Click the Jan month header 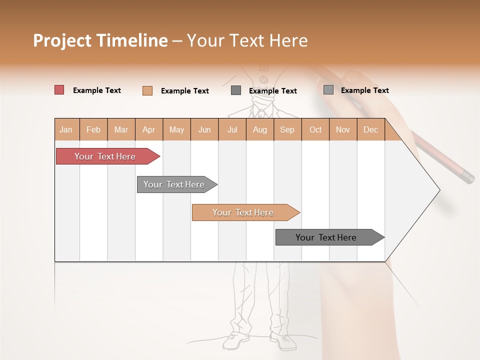66,129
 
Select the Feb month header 93,129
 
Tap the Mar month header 121,129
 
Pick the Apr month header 149,129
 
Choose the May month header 176,129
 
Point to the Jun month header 204,129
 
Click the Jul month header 232,129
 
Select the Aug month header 260,129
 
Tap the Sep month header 287,129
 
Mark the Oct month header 315,129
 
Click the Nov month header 343,129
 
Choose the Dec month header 371,129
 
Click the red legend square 59,90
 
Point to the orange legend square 147,90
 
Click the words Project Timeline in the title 100,40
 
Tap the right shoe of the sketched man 283,341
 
